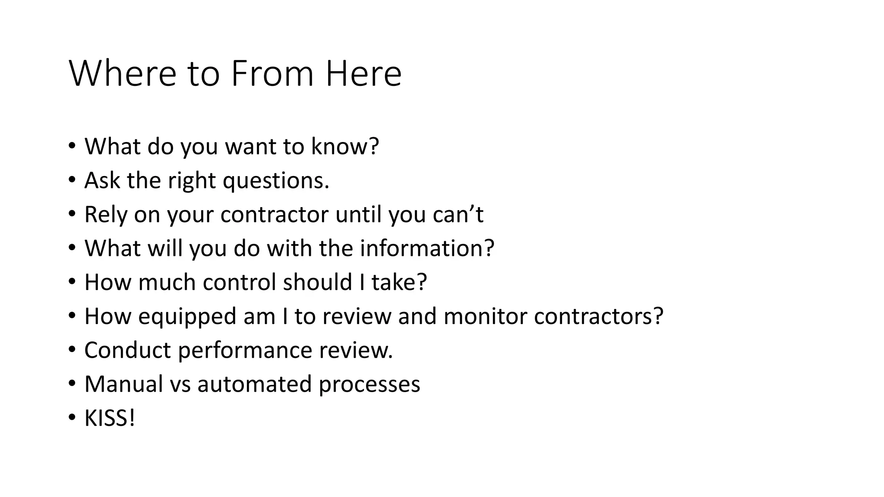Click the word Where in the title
point(123,74)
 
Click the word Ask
point(102,180)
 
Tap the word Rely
point(105,214)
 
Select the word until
point(358,214)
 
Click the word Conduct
point(128,350)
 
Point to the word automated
point(254,384)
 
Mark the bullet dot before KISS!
point(72,418)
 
